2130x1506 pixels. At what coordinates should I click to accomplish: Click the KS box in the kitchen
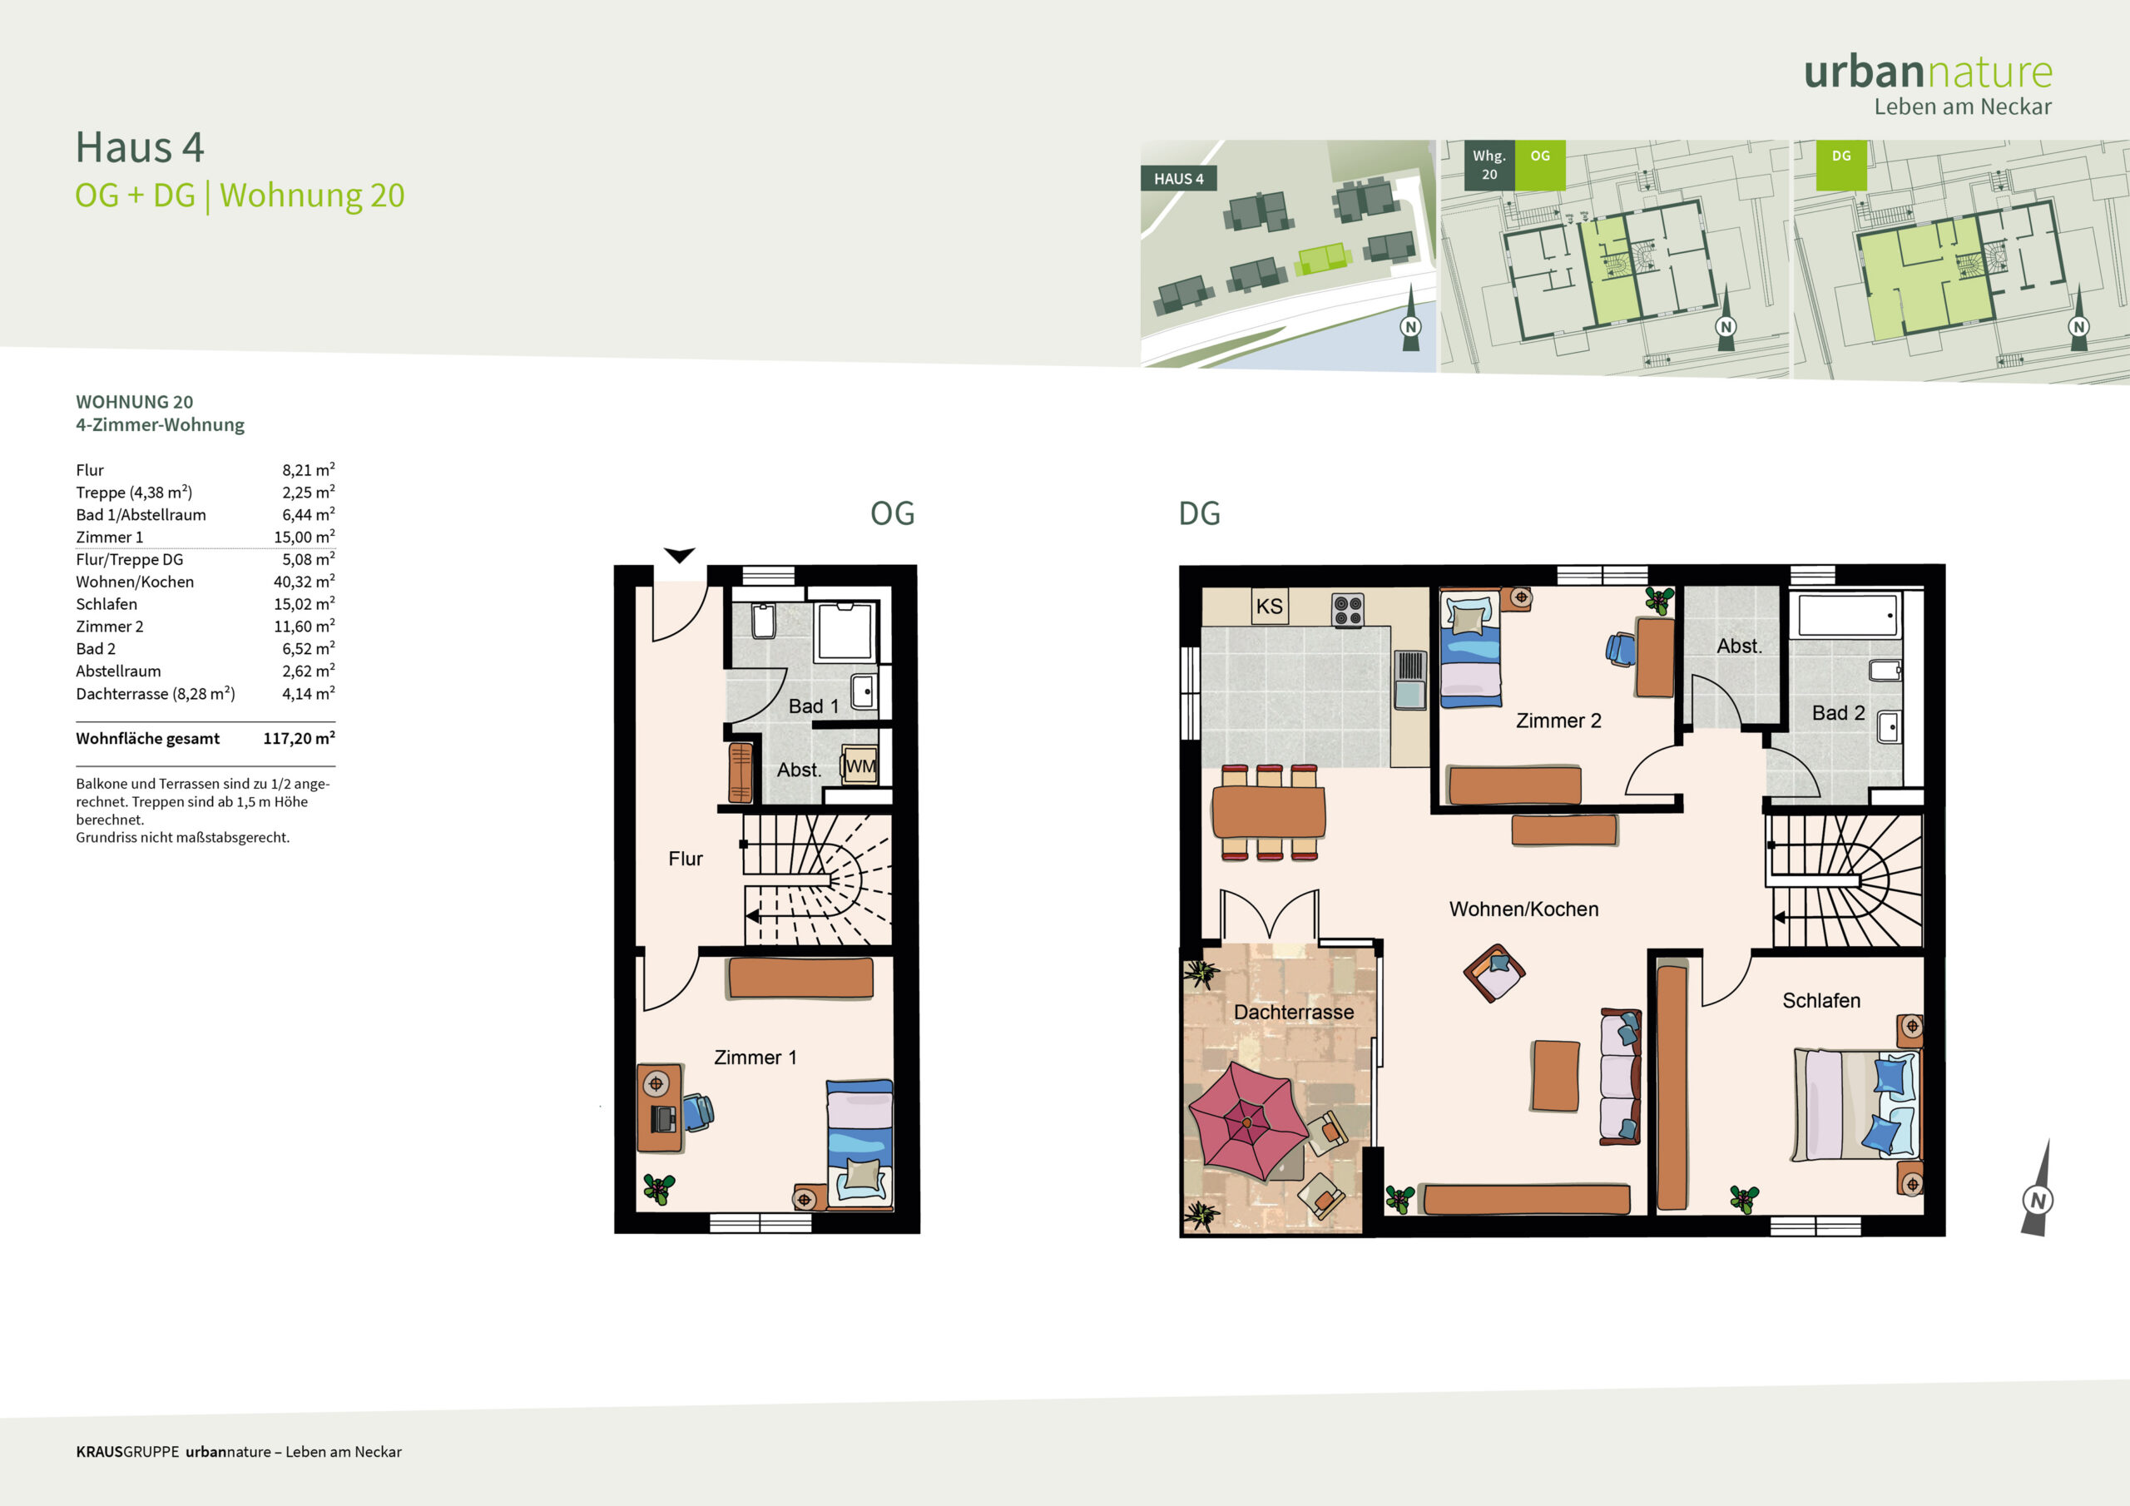[1269, 606]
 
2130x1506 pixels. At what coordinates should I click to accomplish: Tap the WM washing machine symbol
[860, 765]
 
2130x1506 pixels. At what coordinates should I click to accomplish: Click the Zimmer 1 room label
[755, 1057]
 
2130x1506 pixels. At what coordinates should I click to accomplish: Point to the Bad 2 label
[1838, 712]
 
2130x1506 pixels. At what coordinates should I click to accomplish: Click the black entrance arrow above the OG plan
[680, 555]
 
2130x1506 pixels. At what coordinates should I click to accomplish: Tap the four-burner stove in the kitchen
[1348, 611]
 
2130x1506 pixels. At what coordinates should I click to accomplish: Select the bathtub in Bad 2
[1848, 614]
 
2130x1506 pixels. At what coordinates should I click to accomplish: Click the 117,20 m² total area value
[299, 738]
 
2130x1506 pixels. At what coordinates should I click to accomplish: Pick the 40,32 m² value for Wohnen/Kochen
[305, 581]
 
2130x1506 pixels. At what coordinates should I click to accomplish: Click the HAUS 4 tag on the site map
[1178, 179]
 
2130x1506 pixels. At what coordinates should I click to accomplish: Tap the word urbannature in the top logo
[1928, 72]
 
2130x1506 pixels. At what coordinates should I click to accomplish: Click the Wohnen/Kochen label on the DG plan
[1524, 909]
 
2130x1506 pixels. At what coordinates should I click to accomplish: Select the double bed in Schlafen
[1856, 1105]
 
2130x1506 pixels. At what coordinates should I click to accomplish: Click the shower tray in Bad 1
[845, 631]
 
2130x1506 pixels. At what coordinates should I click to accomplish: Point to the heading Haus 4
[140, 147]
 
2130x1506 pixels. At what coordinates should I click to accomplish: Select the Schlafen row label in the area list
[106, 604]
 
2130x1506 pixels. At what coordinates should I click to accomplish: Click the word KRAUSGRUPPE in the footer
[128, 1451]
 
